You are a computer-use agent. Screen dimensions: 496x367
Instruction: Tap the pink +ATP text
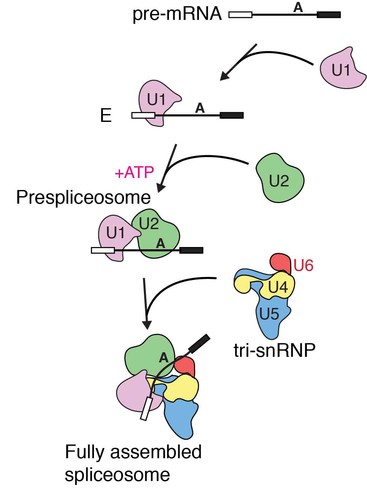pyautogui.click(x=134, y=172)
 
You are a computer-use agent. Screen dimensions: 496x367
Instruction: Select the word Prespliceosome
pyautogui.click(x=83, y=197)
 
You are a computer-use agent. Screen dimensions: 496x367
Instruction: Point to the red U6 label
pyautogui.click(x=303, y=266)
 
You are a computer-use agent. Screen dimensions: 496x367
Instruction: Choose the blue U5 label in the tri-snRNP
pyautogui.click(x=269, y=314)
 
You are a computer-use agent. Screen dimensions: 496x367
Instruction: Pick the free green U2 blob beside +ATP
pyautogui.click(x=280, y=180)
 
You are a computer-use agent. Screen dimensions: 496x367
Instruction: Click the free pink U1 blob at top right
pyautogui.click(x=341, y=70)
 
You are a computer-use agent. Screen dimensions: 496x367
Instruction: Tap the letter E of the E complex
pyautogui.click(x=106, y=115)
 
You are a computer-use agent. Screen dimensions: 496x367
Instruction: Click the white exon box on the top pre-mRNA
pyautogui.click(x=240, y=15)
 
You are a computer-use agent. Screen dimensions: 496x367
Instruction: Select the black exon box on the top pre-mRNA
pyautogui.click(x=329, y=15)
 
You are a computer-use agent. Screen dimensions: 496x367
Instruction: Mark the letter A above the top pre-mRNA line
pyautogui.click(x=298, y=7)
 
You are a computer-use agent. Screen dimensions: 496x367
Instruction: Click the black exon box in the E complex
pyautogui.click(x=232, y=115)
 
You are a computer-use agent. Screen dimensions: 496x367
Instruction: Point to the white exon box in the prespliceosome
pyautogui.click(x=103, y=250)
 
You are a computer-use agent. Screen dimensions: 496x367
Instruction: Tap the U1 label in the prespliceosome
pyautogui.click(x=115, y=233)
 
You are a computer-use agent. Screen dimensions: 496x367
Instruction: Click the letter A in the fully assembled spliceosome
pyautogui.click(x=163, y=358)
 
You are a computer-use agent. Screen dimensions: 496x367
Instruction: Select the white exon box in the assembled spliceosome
pyautogui.click(x=146, y=409)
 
